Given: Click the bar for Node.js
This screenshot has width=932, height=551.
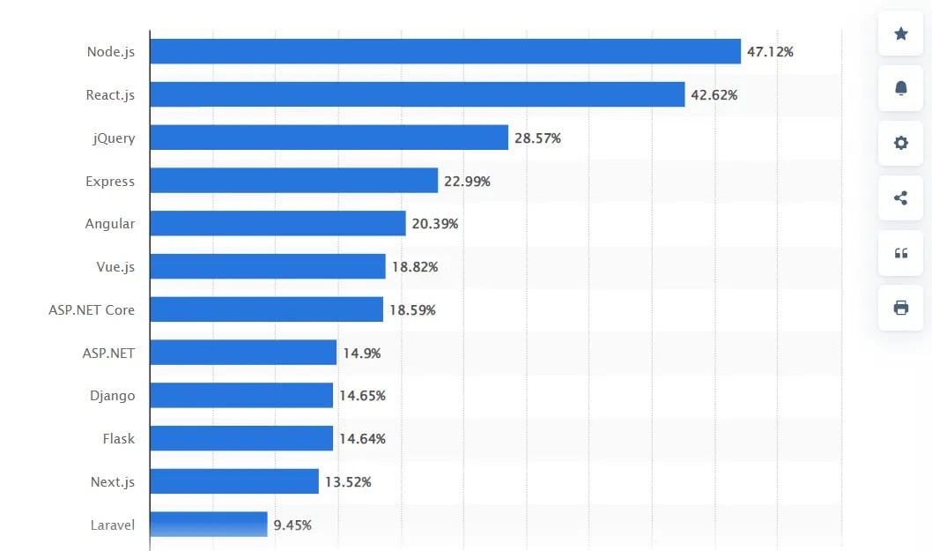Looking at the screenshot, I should [445, 51].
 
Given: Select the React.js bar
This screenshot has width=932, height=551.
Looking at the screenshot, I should [417, 94].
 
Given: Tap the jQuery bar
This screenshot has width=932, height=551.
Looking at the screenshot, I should [329, 138].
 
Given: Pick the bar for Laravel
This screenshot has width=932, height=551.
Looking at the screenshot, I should [209, 525].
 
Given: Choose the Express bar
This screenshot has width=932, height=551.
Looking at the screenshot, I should [293, 181].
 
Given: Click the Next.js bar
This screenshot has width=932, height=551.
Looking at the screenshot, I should [234, 481].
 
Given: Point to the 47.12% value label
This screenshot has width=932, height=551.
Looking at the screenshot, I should [770, 52].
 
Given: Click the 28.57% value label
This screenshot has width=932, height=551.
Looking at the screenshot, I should [537, 138].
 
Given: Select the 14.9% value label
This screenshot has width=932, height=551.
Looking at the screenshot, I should [361, 354].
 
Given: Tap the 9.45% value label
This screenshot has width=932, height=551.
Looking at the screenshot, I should [292, 525].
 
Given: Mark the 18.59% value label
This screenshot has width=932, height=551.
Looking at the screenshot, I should [412, 310].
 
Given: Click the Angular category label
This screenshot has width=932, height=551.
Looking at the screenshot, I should [110, 224].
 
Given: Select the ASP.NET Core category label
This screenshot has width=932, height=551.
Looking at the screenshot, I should [92, 310].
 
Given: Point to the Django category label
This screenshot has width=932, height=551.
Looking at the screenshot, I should [112, 396].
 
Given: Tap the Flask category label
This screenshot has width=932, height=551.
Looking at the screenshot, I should [118, 438].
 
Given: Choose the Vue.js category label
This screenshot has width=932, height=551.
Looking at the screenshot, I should [115, 266].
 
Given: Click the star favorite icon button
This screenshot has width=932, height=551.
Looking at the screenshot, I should [900, 34].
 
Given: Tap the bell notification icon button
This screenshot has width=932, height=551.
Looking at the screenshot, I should [900, 88].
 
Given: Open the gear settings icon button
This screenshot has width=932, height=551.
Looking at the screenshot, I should [900, 143].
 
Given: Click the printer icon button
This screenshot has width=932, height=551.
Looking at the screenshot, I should [900, 308].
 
